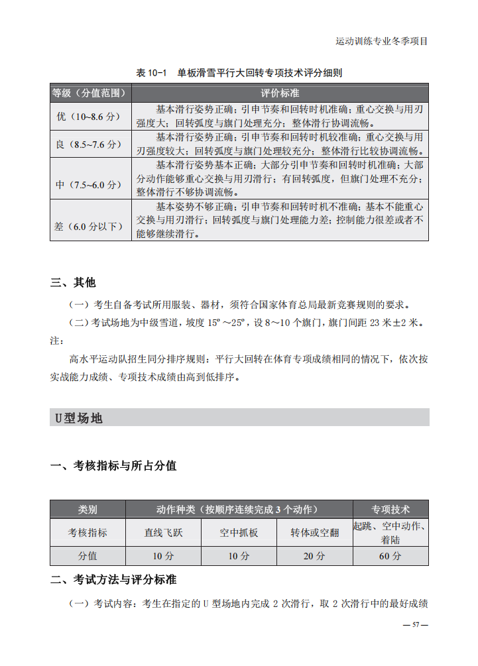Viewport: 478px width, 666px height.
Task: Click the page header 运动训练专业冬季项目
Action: [381, 41]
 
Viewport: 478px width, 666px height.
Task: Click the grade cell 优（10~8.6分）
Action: [90, 116]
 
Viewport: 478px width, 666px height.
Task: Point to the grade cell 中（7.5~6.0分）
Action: [90, 185]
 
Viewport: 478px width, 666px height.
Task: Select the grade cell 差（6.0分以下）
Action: [90, 226]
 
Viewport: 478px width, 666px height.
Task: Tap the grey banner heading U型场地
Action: [79, 418]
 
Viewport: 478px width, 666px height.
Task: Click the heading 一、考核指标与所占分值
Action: [113, 466]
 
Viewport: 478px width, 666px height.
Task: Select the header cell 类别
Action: [88, 510]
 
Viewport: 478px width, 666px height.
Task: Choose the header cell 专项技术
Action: [390, 510]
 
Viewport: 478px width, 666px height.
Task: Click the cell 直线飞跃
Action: [163, 533]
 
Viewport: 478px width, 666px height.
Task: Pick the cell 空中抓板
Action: [239, 533]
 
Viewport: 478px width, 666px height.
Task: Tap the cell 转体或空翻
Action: [314, 533]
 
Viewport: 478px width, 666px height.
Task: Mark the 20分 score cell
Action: [314, 556]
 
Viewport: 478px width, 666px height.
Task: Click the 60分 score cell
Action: [390, 556]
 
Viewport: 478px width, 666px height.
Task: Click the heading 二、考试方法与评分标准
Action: [113, 580]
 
